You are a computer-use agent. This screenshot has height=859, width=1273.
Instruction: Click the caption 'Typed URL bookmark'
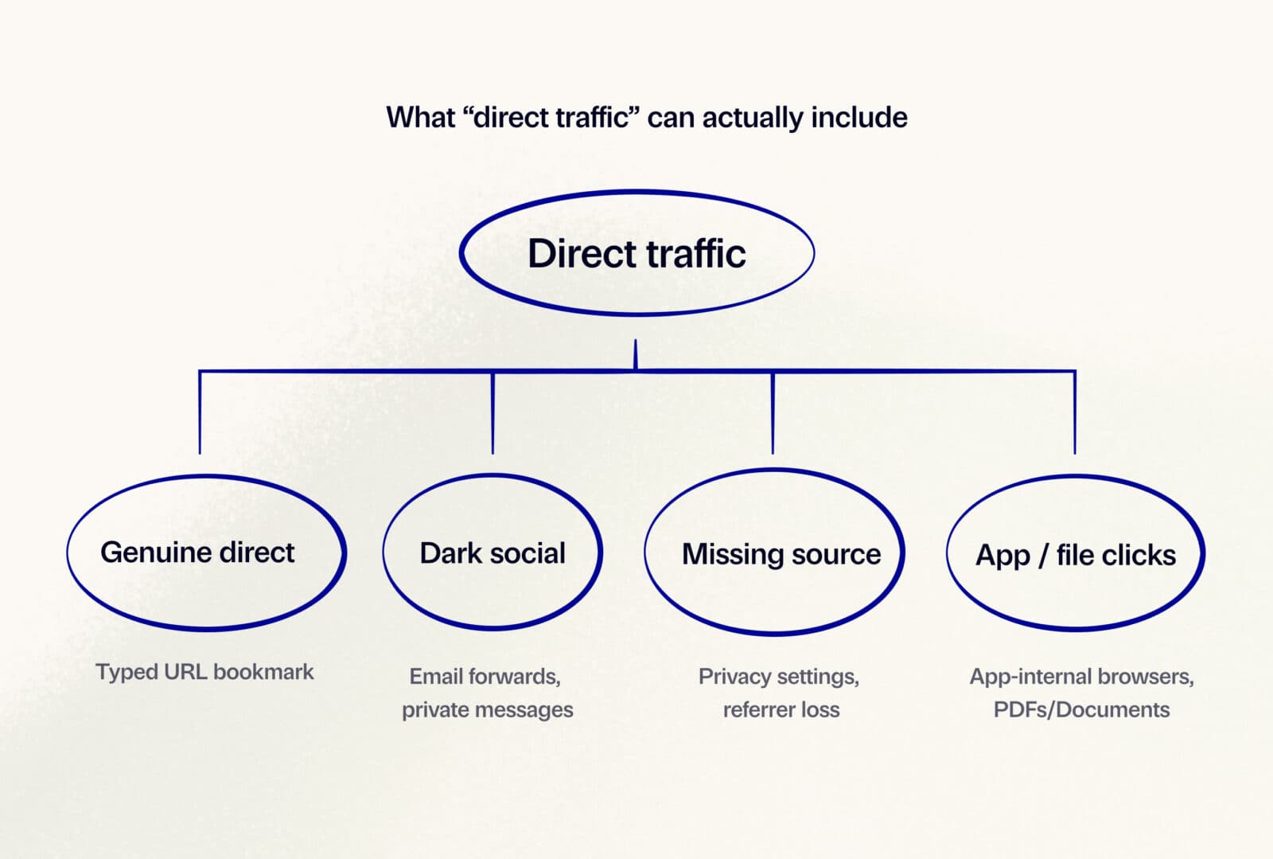coord(204,672)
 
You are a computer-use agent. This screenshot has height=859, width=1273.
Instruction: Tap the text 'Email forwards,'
coord(485,677)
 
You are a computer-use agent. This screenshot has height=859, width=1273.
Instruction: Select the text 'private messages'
coord(487,709)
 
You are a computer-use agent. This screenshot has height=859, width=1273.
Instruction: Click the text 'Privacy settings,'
coord(778,677)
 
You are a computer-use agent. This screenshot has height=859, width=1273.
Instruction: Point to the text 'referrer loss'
coord(781,709)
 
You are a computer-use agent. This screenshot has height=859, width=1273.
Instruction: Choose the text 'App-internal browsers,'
coord(1081,677)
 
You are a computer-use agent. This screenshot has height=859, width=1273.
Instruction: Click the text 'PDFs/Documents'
coord(1081,709)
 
